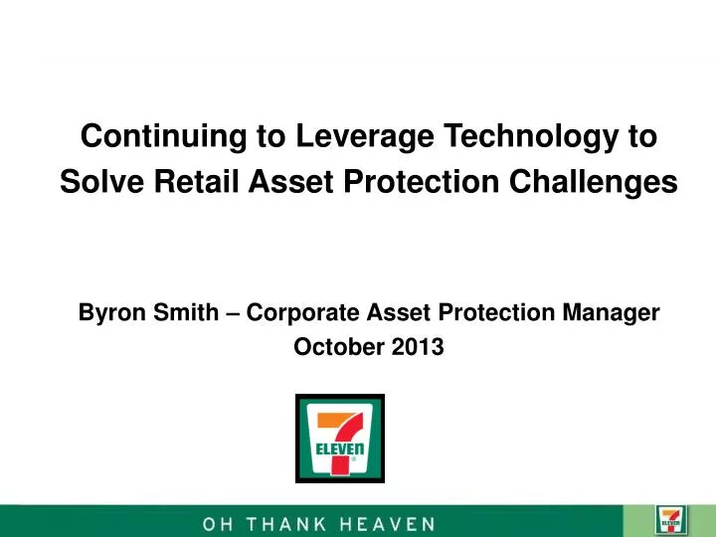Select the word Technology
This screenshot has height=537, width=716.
[532, 137]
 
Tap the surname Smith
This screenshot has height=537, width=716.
[182, 313]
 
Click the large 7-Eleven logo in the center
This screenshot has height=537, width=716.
[340, 439]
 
